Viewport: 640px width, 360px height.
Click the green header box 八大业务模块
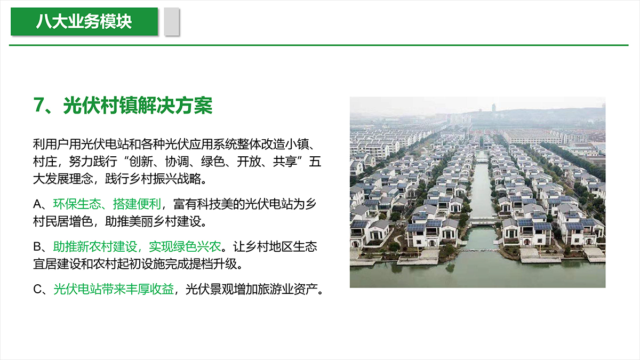(84, 21)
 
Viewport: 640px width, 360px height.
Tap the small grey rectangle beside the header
(172, 22)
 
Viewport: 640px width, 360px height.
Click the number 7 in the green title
(38, 105)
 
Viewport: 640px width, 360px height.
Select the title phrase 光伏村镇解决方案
(138, 106)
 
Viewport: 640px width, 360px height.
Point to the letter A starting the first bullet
(37, 204)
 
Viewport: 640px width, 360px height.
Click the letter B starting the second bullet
(37, 246)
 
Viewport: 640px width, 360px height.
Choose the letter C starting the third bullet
(38, 290)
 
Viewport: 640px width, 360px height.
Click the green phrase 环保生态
(77, 204)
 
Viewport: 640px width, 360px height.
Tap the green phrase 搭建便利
(137, 204)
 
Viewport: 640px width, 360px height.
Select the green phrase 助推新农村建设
(95, 246)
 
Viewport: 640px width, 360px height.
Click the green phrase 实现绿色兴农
(185, 246)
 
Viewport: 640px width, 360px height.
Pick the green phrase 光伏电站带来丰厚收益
(114, 289)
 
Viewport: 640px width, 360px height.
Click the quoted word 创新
(141, 162)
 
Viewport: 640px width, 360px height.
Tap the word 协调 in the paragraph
(177, 162)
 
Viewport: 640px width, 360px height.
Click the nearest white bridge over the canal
(483, 222)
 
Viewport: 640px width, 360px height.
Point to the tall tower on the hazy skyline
(493, 108)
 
